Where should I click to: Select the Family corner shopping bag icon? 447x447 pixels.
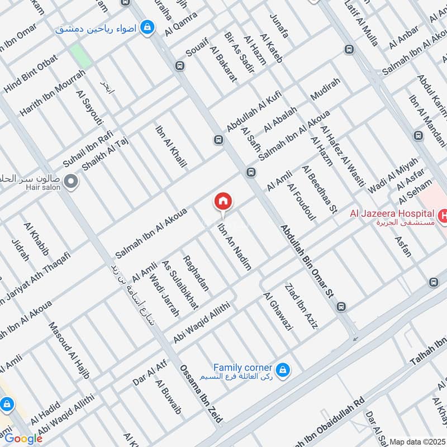pos(283,369)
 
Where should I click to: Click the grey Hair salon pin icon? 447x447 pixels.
pos(70,181)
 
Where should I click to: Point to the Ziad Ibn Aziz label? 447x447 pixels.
pos(301,306)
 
